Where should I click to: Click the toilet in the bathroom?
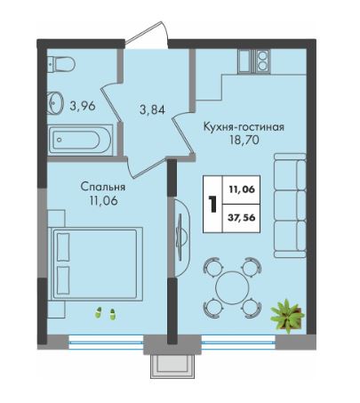[x=60, y=64]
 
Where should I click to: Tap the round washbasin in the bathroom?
[x=55, y=102]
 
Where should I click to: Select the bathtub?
[x=81, y=140]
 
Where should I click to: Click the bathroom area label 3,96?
[x=83, y=106]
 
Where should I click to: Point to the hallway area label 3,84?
[x=152, y=110]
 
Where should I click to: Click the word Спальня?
[x=103, y=187]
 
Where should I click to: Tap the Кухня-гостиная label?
[x=244, y=127]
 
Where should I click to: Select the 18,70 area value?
[x=244, y=140]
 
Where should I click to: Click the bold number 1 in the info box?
[x=212, y=204]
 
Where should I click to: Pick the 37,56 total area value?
[x=241, y=218]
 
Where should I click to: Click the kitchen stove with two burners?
[x=262, y=61]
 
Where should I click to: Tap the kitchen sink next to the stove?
[x=244, y=61]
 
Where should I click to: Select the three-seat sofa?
[x=290, y=206]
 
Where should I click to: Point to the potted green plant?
[x=286, y=316]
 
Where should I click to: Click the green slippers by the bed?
[x=105, y=313]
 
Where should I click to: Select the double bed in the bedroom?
[x=95, y=264]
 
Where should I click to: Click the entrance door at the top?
[x=147, y=35]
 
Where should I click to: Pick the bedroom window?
[x=106, y=342]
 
